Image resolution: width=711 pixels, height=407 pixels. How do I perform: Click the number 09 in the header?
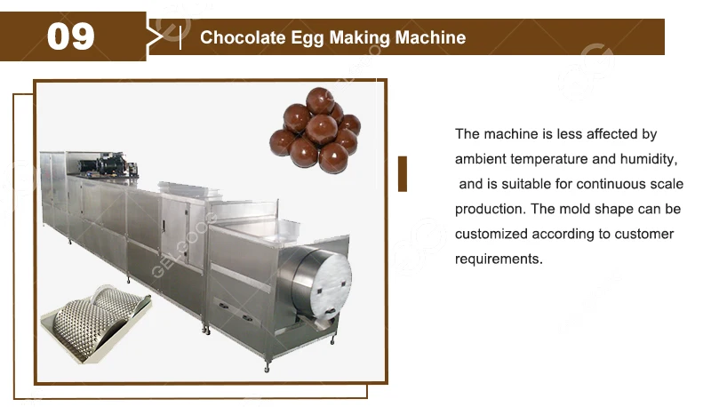pos(70,36)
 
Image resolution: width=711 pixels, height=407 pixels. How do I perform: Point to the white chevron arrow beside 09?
pos(157,36)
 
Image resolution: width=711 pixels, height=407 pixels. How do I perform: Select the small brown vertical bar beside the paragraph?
pos(403,173)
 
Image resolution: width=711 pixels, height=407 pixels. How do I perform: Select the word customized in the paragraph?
pos(491,235)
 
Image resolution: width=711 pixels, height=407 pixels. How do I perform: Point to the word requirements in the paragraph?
pos(498,259)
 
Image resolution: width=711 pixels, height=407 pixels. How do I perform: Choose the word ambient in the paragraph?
pos(481,159)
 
